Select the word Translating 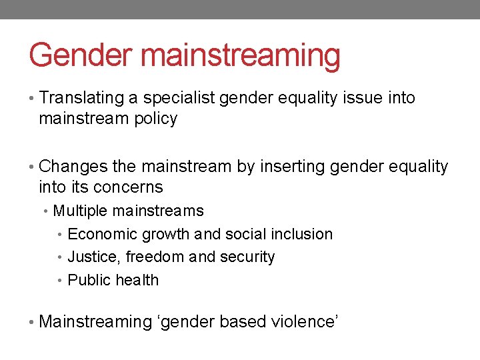tap(82, 98)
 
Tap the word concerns tap(129, 187)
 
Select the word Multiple tap(80, 211)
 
